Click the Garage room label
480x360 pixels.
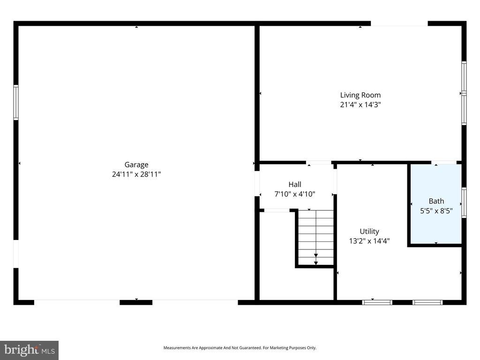click(136, 165)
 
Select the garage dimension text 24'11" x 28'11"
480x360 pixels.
click(136, 174)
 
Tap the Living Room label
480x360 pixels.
click(360, 95)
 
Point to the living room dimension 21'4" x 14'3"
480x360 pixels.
click(360, 105)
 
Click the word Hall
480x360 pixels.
click(295, 184)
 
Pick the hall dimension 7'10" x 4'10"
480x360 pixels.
click(295, 194)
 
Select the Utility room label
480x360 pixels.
click(369, 231)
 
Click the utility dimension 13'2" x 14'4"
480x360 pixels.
click(369, 241)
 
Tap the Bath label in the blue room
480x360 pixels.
click(436, 201)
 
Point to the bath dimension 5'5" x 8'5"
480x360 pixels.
click(436, 211)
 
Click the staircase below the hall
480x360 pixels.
click(316, 238)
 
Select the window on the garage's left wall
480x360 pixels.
click(16, 102)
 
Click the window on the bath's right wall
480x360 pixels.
click(464, 202)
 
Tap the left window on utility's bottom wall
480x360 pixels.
click(377, 302)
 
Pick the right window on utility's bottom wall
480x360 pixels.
click(427, 302)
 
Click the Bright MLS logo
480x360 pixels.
click(29, 350)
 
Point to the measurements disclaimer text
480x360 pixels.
click(240, 348)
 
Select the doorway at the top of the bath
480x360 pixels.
click(444, 163)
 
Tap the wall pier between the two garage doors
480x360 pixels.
click(136, 302)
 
